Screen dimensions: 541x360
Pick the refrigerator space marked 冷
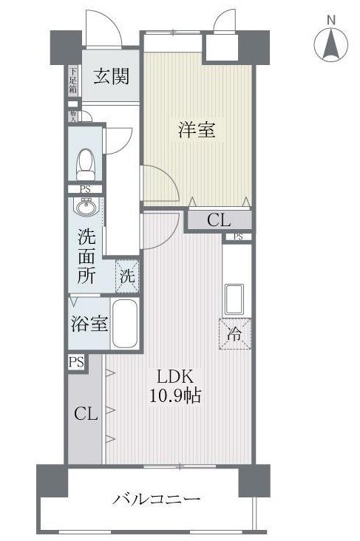click(x=234, y=333)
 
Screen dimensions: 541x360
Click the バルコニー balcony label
click(x=157, y=500)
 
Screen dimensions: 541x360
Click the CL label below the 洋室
click(x=218, y=220)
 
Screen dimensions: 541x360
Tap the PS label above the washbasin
click(x=86, y=189)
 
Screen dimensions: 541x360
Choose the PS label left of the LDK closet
click(x=75, y=362)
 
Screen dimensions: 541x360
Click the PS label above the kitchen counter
click(x=237, y=237)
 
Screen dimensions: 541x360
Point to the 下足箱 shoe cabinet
click(x=73, y=80)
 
